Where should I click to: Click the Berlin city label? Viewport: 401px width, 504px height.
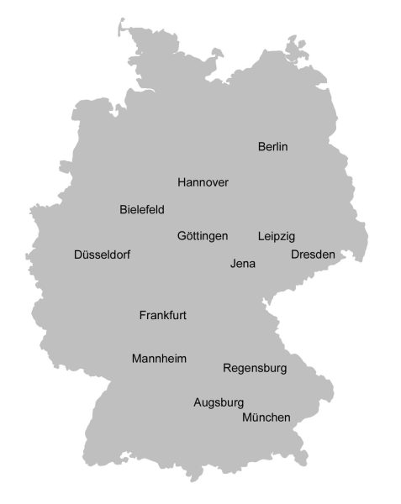(x=272, y=147)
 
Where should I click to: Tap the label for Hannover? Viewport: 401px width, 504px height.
(x=203, y=182)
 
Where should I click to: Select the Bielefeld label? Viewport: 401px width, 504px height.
(x=142, y=210)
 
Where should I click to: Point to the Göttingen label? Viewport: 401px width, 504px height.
(x=203, y=236)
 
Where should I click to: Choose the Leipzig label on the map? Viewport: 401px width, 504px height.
(x=277, y=236)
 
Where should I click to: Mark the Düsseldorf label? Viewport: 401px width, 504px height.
(x=102, y=255)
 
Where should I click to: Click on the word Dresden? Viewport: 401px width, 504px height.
(x=313, y=255)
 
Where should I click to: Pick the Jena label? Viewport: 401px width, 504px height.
(x=242, y=264)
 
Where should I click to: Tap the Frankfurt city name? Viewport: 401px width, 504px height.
(x=162, y=316)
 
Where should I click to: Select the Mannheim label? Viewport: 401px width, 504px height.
(x=159, y=359)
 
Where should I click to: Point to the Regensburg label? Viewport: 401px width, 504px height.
(x=255, y=368)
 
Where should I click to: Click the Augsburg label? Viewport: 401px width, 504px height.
(x=219, y=402)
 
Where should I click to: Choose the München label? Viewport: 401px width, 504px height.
(x=266, y=417)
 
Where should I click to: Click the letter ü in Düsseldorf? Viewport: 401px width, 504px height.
(x=86, y=255)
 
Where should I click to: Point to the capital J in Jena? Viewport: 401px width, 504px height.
(x=233, y=264)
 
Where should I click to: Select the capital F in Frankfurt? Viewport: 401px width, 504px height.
(x=143, y=316)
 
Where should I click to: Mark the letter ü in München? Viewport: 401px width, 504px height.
(x=256, y=417)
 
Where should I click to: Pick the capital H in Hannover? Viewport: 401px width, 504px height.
(x=182, y=182)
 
